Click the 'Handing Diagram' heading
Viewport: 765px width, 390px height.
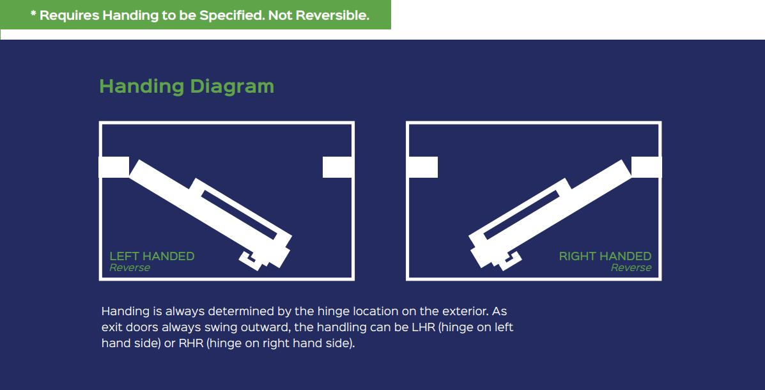pyautogui.click(x=187, y=86)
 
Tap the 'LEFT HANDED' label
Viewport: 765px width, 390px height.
pyautogui.click(x=151, y=256)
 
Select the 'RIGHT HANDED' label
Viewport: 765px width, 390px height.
pyautogui.click(x=605, y=256)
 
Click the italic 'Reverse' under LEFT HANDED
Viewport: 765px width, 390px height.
pyautogui.click(x=129, y=267)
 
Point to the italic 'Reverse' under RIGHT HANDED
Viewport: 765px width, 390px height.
pyautogui.click(x=631, y=267)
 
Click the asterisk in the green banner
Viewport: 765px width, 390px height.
pyautogui.click(x=33, y=13)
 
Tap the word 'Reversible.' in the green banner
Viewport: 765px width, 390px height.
pyautogui.click(x=333, y=15)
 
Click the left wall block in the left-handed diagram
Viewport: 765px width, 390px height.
pyautogui.click(x=114, y=167)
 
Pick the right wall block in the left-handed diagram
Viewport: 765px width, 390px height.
pyautogui.click(x=338, y=167)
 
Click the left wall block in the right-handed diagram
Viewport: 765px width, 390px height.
pyautogui.click(x=422, y=167)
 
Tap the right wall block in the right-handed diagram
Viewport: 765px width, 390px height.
pyautogui.click(x=646, y=167)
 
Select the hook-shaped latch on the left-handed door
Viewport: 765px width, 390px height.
pyautogui.click(x=251, y=260)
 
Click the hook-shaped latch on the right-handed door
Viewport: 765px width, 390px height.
pyautogui.click(x=509, y=260)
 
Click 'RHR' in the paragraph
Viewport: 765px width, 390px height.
pyautogui.click(x=190, y=343)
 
